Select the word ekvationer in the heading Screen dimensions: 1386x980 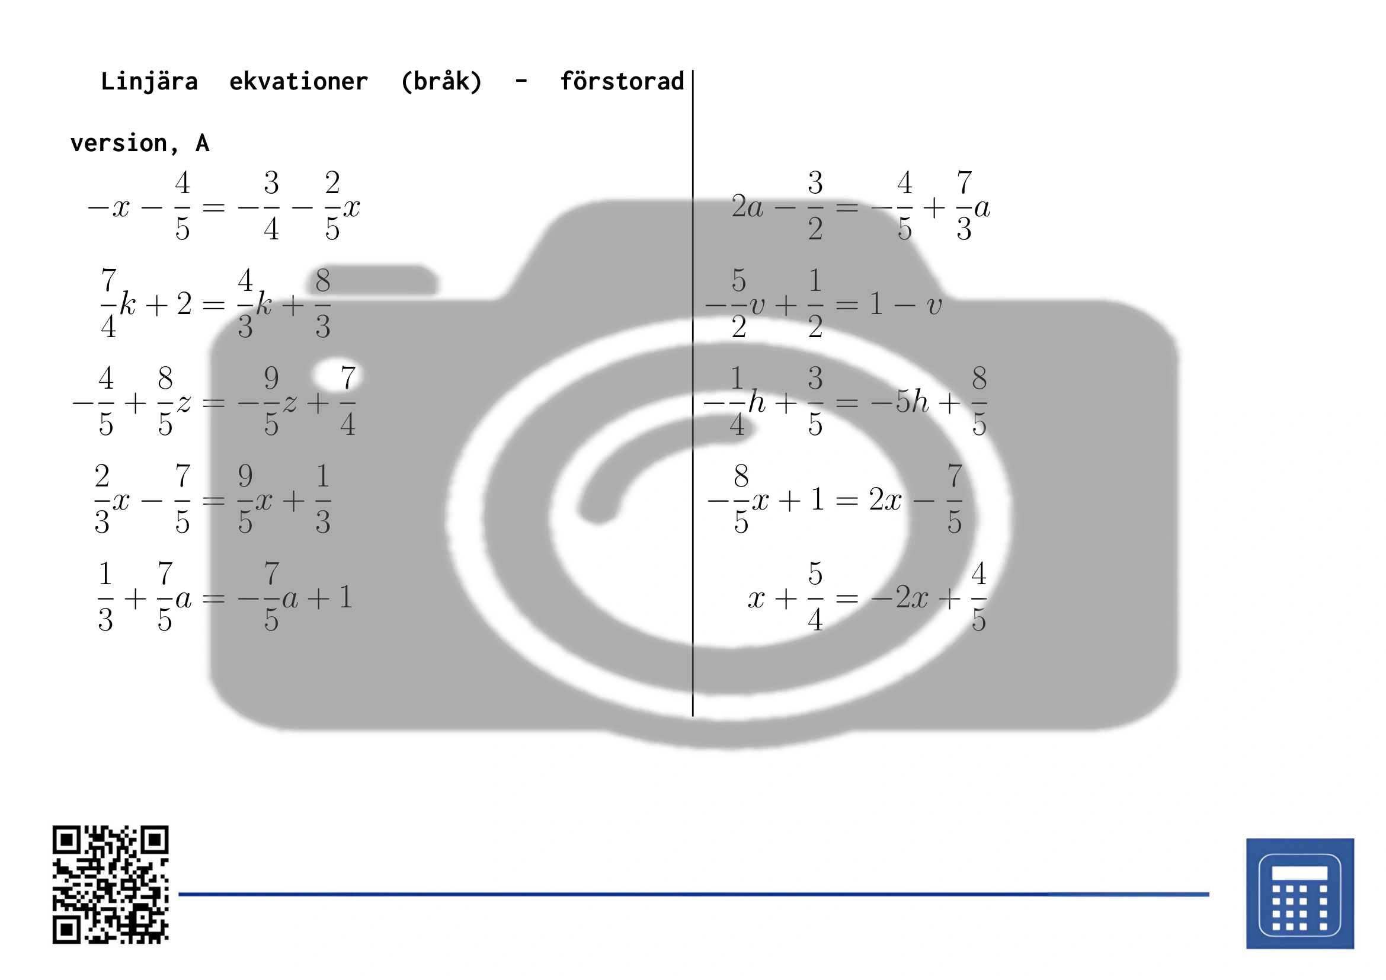click(x=299, y=81)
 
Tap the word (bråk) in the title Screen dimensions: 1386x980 click(x=442, y=81)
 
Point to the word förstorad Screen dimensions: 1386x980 click(x=622, y=81)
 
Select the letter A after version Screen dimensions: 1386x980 click(x=202, y=143)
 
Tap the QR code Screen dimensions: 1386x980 click(x=110, y=884)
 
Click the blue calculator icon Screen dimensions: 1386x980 click(x=1299, y=893)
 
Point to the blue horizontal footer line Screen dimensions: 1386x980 click(x=694, y=893)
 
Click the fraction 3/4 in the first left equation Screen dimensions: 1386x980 click(x=271, y=206)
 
